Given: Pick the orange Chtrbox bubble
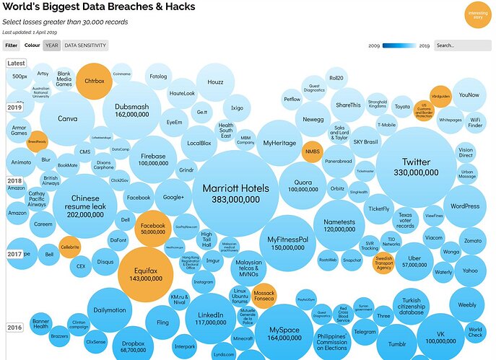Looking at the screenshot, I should click(95, 81).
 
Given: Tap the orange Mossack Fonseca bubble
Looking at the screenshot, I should click(265, 294).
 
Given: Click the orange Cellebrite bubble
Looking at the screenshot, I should click(69, 247).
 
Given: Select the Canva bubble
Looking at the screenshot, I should click(68, 119).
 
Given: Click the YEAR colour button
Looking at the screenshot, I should click(52, 45).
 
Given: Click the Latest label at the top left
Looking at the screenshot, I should click(16, 63).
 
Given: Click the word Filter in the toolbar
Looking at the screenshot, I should click(12, 45).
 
